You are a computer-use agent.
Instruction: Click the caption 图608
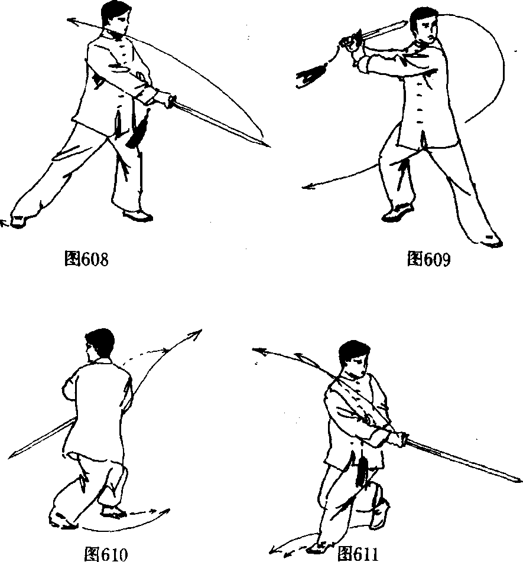tap(86, 259)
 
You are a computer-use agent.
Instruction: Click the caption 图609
tap(428, 259)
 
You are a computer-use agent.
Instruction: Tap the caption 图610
tap(106, 554)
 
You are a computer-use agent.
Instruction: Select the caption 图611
tap(358, 554)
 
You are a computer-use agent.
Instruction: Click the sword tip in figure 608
tap(269, 146)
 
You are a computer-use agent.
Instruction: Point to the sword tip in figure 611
tap(520, 481)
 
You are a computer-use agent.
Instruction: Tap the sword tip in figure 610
tap(9, 457)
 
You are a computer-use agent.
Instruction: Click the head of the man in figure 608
tap(114, 18)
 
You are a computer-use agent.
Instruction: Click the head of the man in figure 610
tap(99, 345)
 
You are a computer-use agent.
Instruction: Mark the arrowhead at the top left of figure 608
tap(72, 21)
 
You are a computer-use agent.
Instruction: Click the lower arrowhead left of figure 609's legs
tap(308, 186)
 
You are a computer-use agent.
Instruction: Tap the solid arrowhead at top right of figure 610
tap(197, 334)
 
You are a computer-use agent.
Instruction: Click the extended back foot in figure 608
tap(18, 220)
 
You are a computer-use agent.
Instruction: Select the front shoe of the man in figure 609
tap(398, 213)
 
